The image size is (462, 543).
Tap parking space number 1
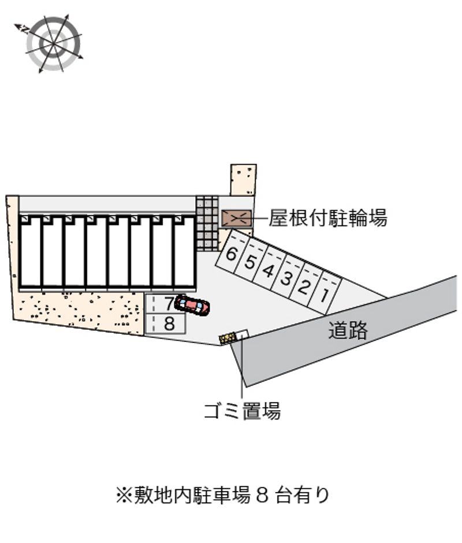[x=325, y=296]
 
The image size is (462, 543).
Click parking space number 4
[x=267, y=270]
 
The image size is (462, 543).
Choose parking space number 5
[x=249, y=262]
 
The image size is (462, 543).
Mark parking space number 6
[x=231, y=254]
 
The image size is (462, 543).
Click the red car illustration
[x=193, y=304]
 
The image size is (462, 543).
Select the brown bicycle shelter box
[x=236, y=218]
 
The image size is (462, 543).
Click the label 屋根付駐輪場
[x=327, y=218]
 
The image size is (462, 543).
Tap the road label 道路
[x=348, y=330]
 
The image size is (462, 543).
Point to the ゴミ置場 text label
[x=242, y=411]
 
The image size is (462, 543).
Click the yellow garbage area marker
[x=228, y=337]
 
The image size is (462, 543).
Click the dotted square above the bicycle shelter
[x=243, y=180]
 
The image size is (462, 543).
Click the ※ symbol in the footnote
[x=124, y=496]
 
